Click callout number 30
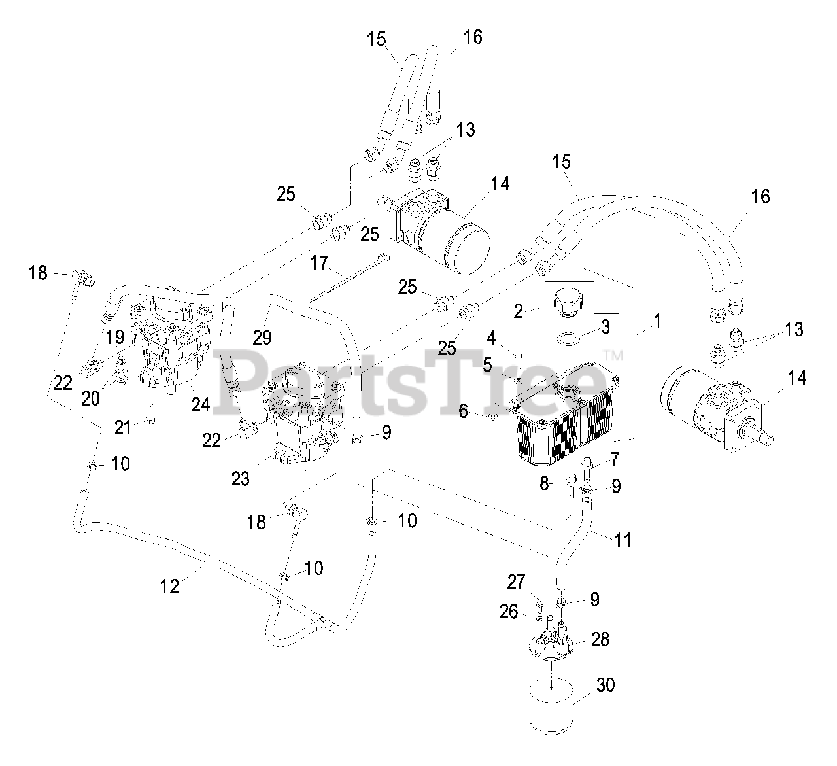click(606, 686)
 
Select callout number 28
click(600, 639)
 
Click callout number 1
click(657, 321)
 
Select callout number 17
click(319, 264)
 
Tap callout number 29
click(262, 338)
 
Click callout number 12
click(169, 586)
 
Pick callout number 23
click(241, 479)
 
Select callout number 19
click(115, 338)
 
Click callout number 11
click(623, 540)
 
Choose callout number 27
click(517, 582)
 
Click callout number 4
click(491, 339)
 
